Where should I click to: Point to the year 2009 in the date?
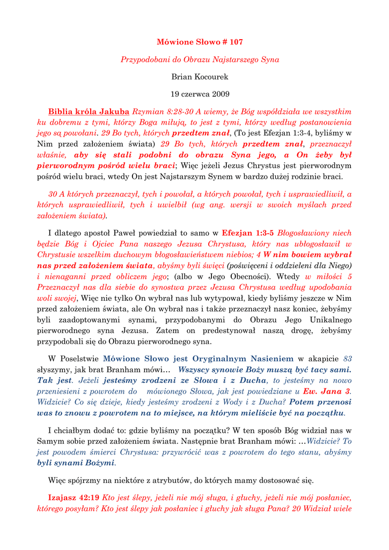220,94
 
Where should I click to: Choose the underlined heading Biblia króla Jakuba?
89,112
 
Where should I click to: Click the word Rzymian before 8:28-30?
146,112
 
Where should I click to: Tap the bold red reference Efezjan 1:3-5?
248,233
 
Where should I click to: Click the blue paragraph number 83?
347,359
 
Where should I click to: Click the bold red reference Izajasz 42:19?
74,497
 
